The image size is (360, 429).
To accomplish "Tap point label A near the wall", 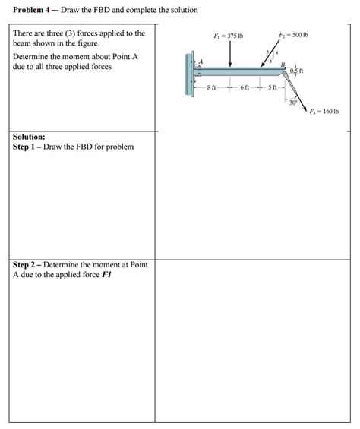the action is (201, 62).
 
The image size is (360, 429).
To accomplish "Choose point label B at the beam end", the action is (283, 64).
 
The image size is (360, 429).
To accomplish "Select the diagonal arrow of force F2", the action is (274, 53).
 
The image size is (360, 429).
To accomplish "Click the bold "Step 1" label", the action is (28, 146).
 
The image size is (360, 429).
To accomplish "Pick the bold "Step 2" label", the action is (28, 264).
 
